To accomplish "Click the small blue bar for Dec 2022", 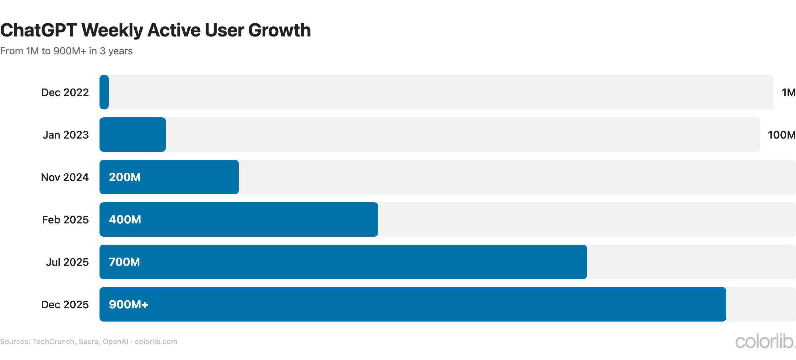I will pyautogui.click(x=104, y=92).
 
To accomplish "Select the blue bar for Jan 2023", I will pyautogui.click(x=133, y=135).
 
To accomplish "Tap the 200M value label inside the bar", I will pyautogui.click(x=125, y=177).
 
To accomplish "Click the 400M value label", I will pyautogui.click(x=125, y=219).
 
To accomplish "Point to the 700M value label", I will pyautogui.click(x=124, y=262).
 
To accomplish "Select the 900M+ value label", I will pyautogui.click(x=129, y=304).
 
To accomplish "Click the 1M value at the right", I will pyautogui.click(x=788, y=92).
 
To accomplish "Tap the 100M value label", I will pyautogui.click(x=781, y=135).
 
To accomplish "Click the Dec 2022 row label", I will pyautogui.click(x=65, y=92).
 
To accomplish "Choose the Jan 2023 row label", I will pyautogui.click(x=66, y=135).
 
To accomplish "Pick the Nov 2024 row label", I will pyautogui.click(x=65, y=177).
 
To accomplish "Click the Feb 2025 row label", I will pyautogui.click(x=65, y=220).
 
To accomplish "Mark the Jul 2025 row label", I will pyautogui.click(x=67, y=262).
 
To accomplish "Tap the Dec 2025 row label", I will pyautogui.click(x=65, y=305).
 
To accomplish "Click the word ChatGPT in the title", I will pyautogui.click(x=38, y=30).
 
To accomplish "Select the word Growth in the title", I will pyautogui.click(x=279, y=30).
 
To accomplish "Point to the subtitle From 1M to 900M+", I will pyautogui.click(x=66, y=51).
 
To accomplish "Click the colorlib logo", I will pyautogui.click(x=765, y=341).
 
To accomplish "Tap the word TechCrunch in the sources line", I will pyautogui.click(x=53, y=342).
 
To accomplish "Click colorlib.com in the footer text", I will pyautogui.click(x=156, y=342).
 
